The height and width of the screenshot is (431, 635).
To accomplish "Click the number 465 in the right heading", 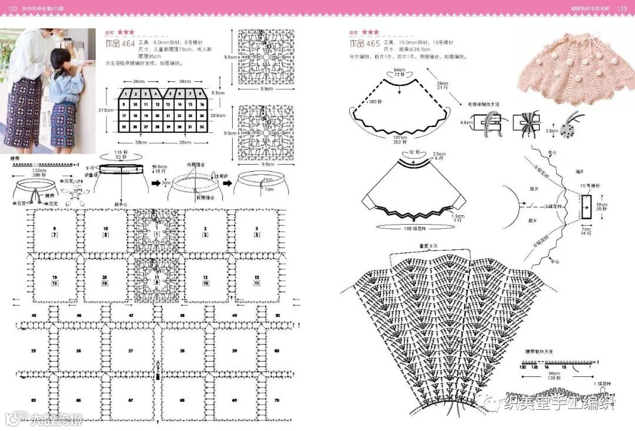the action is click(x=373, y=44).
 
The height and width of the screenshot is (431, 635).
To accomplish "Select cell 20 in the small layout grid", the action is click(x=146, y=115).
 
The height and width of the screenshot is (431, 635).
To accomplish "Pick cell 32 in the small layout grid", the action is click(x=201, y=127).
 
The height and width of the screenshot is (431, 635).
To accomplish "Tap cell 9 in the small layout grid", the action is click(x=125, y=104).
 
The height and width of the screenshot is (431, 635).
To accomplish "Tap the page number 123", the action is click(x=622, y=8).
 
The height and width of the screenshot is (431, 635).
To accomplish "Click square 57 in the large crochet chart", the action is click(x=131, y=350).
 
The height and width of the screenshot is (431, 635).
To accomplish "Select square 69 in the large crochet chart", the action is click(x=235, y=400).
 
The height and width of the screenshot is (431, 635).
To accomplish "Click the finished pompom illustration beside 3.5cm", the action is click(x=567, y=129).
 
